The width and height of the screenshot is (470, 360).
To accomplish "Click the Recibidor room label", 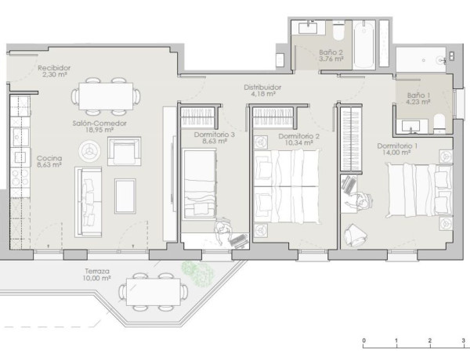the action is click(x=54, y=68).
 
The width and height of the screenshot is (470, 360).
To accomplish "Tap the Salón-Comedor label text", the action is click(x=99, y=123).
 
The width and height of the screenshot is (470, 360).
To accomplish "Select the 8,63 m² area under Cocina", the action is click(x=49, y=164).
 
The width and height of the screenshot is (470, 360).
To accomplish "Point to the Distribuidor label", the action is click(x=262, y=88).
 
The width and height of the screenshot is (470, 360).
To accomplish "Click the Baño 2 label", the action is click(x=331, y=52).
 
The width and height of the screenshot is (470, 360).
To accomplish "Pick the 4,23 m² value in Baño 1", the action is click(x=418, y=102).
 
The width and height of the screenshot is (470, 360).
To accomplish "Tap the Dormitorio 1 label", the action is click(x=397, y=146).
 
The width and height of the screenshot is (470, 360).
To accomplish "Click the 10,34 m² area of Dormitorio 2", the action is click(x=299, y=143).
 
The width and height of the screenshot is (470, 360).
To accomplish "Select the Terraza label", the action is click(x=97, y=272).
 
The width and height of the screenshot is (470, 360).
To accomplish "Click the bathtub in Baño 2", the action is click(x=363, y=45).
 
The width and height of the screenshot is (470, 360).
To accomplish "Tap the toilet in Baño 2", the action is click(x=338, y=31).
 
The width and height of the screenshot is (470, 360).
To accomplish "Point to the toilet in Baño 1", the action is click(x=439, y=124).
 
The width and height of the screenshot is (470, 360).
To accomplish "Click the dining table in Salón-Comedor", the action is click(x=106, y=96).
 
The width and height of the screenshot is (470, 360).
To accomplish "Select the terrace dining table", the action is click(x=154, y=292).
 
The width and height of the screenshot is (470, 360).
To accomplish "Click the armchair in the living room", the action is click(x=124, y=151).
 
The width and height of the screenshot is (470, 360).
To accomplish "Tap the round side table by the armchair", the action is click(x=89, y=150).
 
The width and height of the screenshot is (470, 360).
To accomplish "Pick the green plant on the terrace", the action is click(x=197, y=273).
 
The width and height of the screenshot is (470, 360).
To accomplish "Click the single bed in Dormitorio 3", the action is click(x=199, y=184).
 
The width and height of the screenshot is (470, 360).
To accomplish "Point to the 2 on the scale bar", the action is click(x=429, y=340).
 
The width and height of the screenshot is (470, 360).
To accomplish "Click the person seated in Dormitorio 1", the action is click(x=360, y=200).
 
